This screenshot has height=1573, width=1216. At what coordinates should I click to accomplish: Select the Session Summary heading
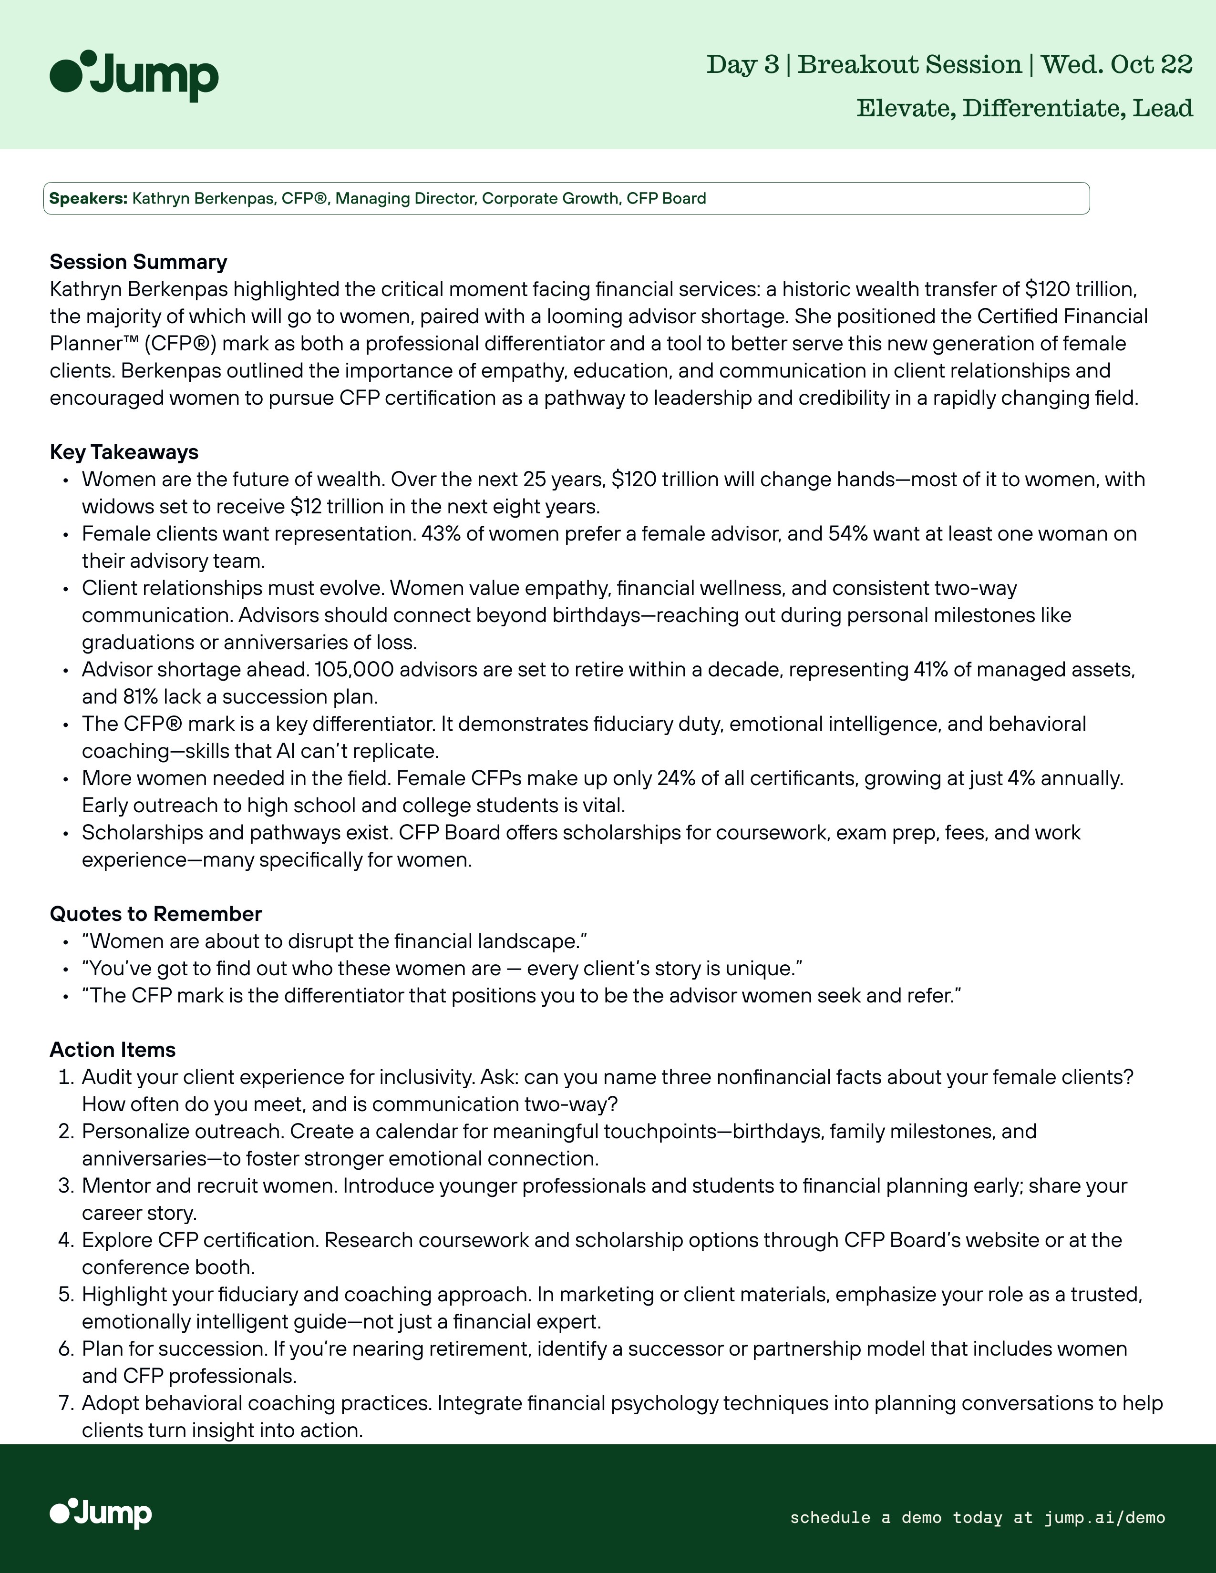pos(138,261)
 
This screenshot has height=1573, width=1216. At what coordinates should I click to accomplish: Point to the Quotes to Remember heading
pos(155,913)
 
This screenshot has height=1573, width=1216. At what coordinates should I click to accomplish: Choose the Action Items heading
pos(113,1050)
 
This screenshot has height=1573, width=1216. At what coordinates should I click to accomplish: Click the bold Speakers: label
pos(88,198)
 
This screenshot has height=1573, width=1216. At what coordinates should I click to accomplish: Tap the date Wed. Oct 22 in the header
pos(1117,65)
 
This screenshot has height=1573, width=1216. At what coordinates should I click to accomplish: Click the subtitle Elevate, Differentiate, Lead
pos(1024,108)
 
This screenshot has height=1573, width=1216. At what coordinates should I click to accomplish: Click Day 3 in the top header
pos(742,65)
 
